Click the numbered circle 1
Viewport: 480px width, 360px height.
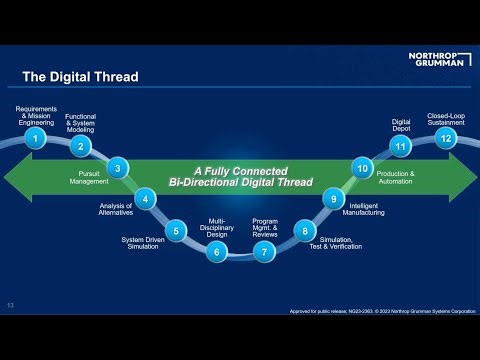click(36, 138)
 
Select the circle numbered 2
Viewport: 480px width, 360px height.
click(79, 146)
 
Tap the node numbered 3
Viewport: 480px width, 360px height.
click(118, 168)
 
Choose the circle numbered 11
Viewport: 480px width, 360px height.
click(401, 146)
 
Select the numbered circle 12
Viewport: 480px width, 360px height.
click(445, 138)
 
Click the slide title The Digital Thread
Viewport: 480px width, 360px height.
click(80, 77)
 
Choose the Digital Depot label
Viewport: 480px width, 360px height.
click(401, 124)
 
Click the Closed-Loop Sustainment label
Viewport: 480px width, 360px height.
click(445, 116)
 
